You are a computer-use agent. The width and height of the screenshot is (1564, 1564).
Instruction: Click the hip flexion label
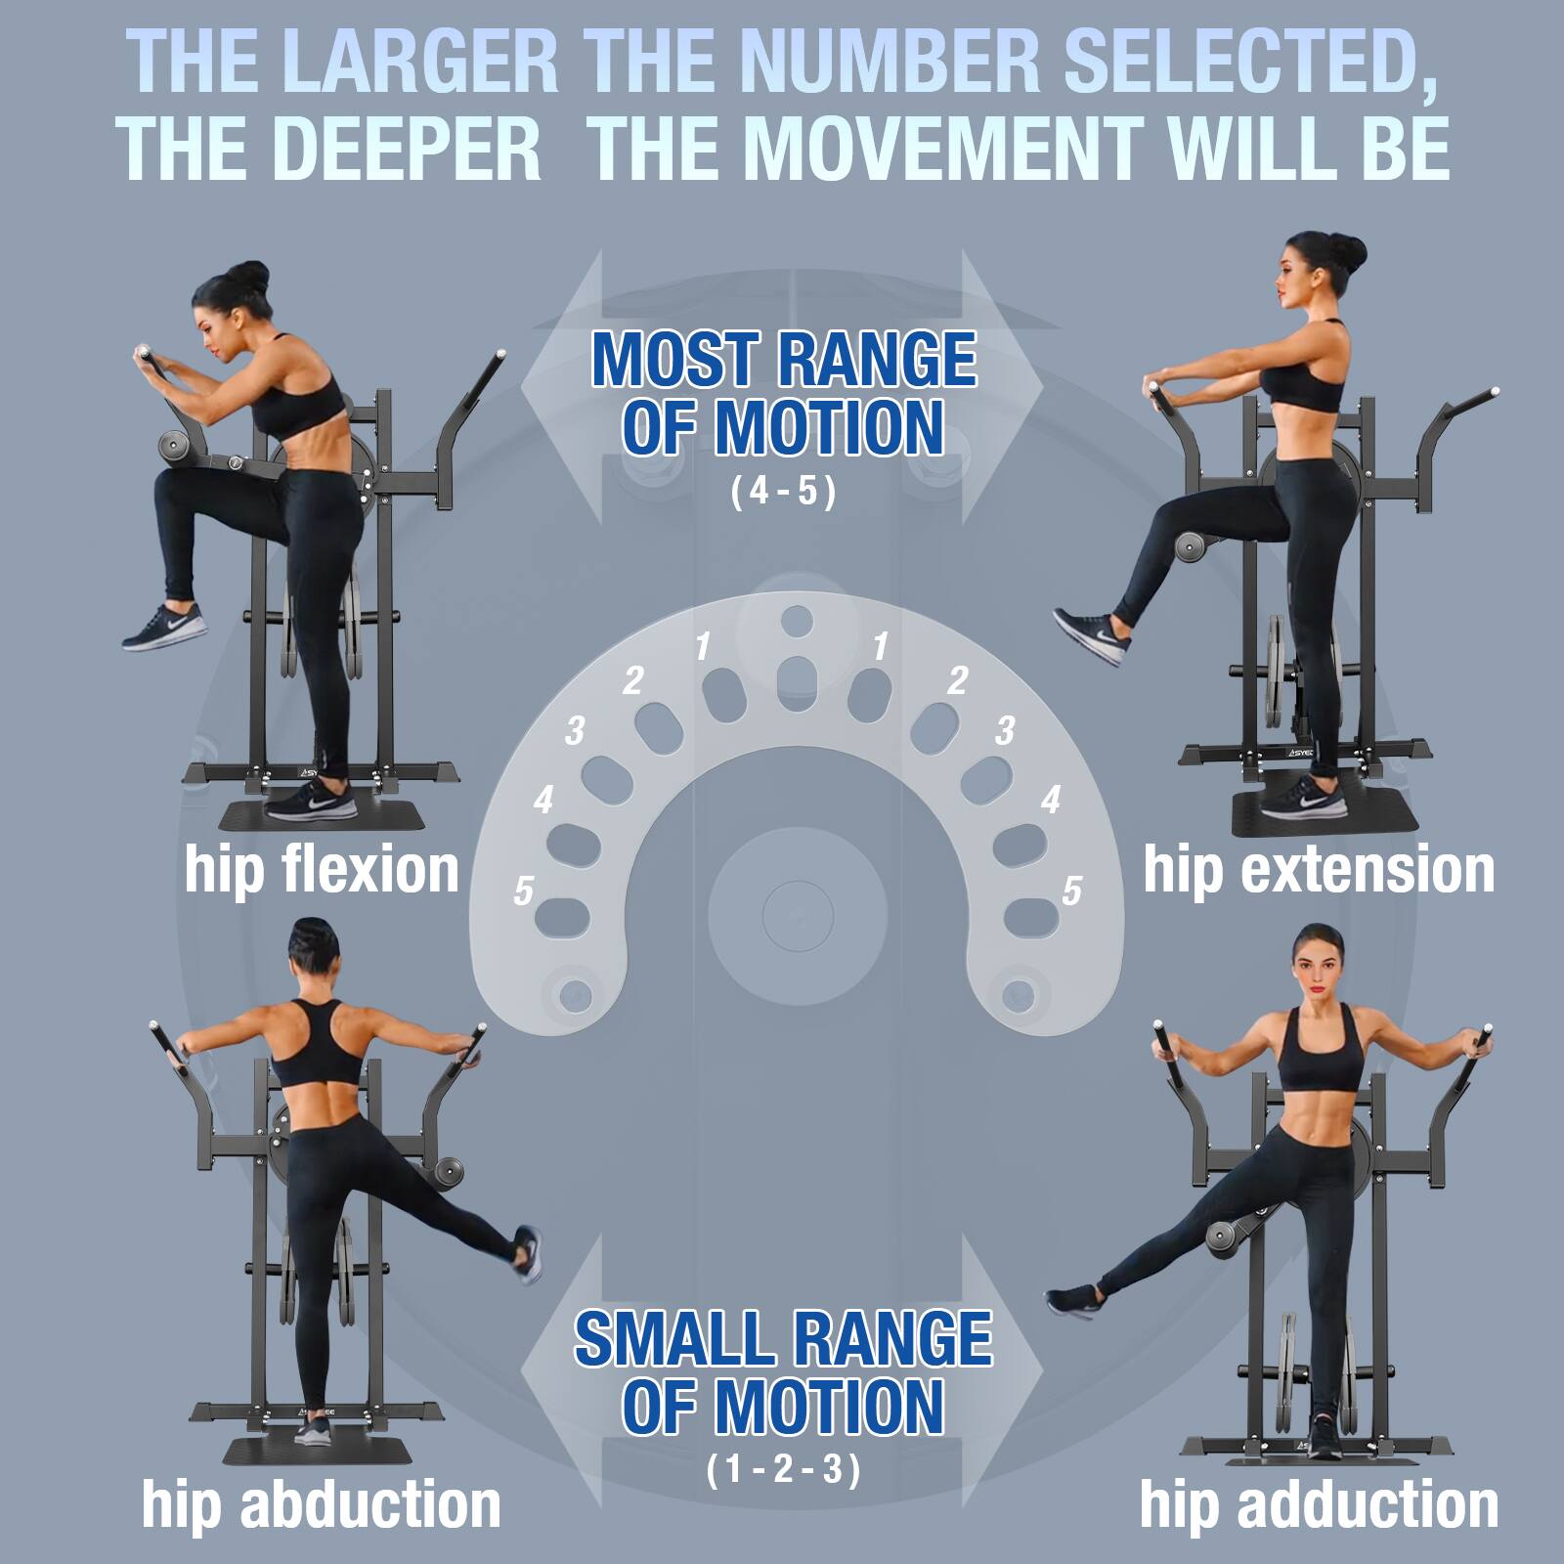[x=322, y=869]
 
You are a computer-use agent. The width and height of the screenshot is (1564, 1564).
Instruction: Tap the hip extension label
[x=1319, y=869]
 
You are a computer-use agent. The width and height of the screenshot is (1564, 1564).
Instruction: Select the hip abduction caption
[x=321, y=1504]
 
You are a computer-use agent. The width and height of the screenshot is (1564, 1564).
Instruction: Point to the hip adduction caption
[x=1319, y=1504]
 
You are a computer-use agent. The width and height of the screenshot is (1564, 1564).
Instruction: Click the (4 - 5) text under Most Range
[x=783, y=491]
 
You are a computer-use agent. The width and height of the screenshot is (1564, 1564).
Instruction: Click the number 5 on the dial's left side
[x=524, y=891]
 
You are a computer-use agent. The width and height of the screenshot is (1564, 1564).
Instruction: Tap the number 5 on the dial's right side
[x=1072, y=891]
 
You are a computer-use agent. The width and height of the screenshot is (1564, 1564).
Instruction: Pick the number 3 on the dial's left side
[x=575, y=730]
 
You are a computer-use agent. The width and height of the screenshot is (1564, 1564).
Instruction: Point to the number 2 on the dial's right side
[x=958, y=680]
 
